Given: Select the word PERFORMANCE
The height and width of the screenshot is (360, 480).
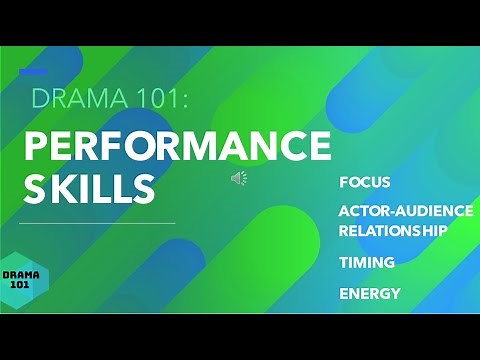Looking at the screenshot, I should [x=176, y=146].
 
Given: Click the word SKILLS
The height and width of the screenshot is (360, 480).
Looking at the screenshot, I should [x=90, y=187].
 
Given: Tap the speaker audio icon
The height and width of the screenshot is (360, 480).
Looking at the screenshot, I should [x=239, y=178].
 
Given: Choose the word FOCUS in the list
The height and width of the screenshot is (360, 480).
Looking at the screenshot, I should [x=365, y=183].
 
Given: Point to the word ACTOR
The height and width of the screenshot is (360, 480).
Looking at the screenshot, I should [x=362, y=212].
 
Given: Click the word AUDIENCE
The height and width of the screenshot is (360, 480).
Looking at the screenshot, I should [x=432, y=212].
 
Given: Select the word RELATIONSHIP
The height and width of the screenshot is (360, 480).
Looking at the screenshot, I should [x=393, y=229].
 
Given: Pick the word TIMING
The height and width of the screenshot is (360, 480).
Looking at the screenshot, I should [x=367, y=262].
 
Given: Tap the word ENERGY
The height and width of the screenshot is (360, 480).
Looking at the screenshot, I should [x=370, y=294].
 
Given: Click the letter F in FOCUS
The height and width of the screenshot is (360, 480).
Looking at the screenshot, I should [x=344, y=183].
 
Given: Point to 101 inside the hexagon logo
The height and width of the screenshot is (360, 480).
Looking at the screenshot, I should [x=21, y=285].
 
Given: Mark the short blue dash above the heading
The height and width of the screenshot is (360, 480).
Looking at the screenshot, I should [x=33, y=72].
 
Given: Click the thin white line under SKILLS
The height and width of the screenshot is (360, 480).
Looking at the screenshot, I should [x=97, y=223].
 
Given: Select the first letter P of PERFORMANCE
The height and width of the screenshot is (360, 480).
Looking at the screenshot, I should [x=33, y=146].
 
